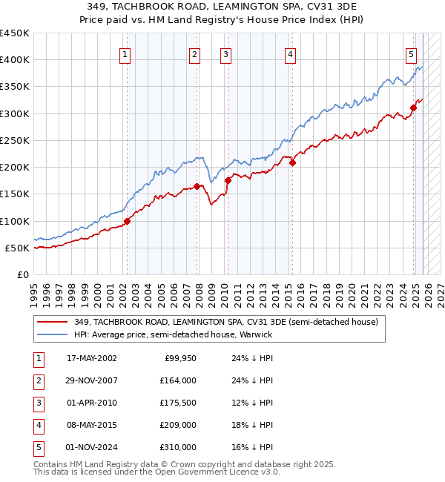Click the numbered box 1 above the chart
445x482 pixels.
125,53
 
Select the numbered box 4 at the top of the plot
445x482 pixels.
291,53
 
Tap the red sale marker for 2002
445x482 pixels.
127,221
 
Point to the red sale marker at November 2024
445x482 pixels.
413,108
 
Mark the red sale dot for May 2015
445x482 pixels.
292,162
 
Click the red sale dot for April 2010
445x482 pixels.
228,180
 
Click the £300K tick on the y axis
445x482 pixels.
14,113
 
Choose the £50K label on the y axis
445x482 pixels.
17,248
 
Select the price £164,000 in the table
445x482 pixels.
177,380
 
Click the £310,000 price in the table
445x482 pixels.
177,447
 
